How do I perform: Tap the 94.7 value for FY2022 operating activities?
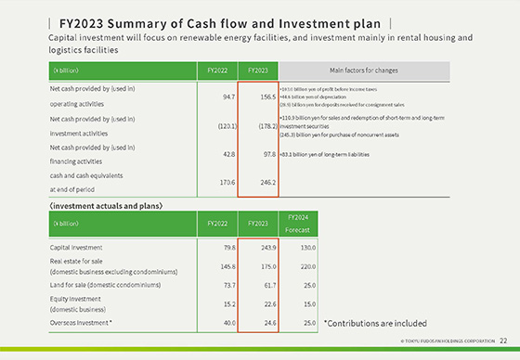pyautogui.click(x=221, y=96)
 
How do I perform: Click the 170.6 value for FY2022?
pyautogui.click(x=221, y=183)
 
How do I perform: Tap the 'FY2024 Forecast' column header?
pyautogui.click(x=298, y=223)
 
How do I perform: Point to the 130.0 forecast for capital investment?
pyautogui.click(x=299, y=247)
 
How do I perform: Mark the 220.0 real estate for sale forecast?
pyautogui.click(x=299, y=266)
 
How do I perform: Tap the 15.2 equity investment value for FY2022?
pyautogui.click(x=222, y=304)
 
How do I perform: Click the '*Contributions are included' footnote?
pyautogui.click(x=374, y=323)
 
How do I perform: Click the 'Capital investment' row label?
pyautogui.click(x=76, y=247)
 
